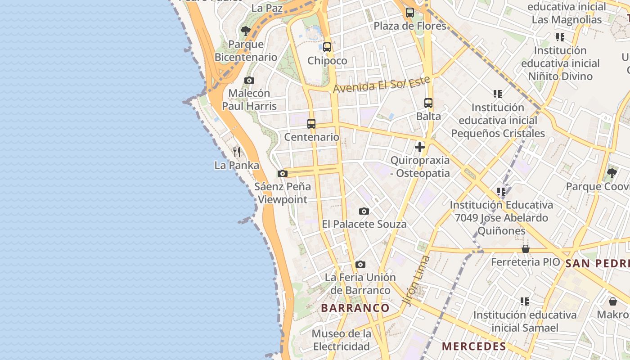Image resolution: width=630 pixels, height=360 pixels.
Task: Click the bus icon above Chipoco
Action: [327, 47]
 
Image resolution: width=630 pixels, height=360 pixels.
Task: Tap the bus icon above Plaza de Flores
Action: [409, 13]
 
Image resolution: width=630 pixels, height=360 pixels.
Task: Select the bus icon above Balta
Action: [428, 103]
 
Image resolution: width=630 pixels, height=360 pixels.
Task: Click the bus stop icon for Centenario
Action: [311, 124]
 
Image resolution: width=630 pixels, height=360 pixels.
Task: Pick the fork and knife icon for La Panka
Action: [237, 152]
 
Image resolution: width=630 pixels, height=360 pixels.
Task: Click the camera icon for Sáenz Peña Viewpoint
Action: [283, 173]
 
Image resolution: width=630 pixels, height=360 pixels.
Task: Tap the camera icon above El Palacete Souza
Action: [364, 211]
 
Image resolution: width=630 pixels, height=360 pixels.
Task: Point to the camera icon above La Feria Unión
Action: [360, 264]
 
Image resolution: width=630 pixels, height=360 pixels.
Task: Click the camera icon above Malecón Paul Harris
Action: [249, 80]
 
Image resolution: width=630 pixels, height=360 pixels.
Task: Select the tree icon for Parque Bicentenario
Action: [245, 31]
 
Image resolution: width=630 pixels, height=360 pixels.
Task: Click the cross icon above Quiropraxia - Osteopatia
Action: [420, 147]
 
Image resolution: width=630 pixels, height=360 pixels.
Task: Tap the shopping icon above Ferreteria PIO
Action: [525, 249]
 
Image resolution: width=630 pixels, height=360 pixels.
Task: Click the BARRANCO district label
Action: [355, 308]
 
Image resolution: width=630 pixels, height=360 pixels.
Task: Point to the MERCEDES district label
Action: [474, 346]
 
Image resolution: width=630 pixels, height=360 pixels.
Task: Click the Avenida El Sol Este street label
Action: [381, 84]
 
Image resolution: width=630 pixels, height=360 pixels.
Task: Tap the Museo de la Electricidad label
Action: [342, 340]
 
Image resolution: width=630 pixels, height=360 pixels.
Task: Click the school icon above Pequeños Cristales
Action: [498, 94]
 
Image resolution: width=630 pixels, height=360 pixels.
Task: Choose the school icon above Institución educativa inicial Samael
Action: [524, 301]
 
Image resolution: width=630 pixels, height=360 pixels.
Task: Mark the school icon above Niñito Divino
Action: [560, 37]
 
